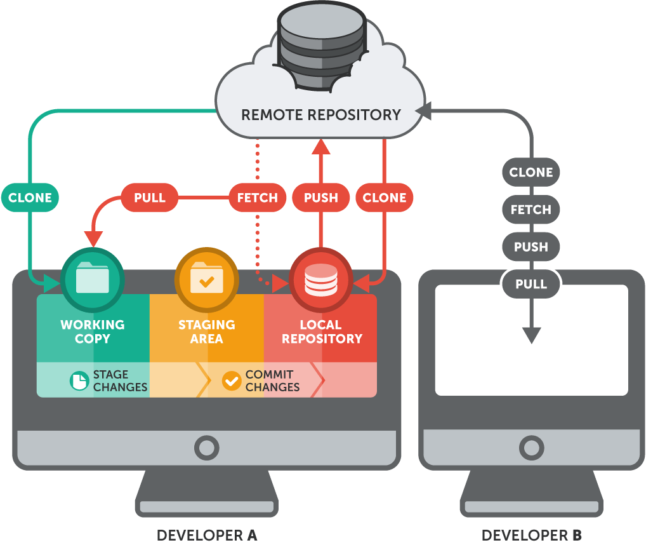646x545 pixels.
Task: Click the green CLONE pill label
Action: tap(30, 198)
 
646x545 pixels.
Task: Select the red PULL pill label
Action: tap(150, 198)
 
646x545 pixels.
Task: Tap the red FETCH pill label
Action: tap(258, 198)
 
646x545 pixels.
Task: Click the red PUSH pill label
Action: tap(320, 198)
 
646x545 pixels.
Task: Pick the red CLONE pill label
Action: tap(385, 198)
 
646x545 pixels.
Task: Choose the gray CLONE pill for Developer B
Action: tap(531, 172)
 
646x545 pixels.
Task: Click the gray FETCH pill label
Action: tap(531, 210)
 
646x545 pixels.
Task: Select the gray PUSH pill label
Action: tap(531, 246)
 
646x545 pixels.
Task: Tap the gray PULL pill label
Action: tap(531, 284)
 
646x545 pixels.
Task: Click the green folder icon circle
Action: tap(93, 279)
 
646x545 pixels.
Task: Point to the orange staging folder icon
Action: tap(207, 279)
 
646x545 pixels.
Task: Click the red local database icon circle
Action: tap(321, 279)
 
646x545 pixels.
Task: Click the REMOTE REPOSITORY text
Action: tap(321, 115)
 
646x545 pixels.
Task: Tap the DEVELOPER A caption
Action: tap(207, 535)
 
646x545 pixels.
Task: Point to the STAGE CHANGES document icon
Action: tap(79, 380)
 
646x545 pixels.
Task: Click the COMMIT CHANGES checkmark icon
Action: tap(232, 380)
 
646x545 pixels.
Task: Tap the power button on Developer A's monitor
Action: tap(206, 448)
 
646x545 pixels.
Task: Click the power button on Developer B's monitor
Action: tap(531, 448)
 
